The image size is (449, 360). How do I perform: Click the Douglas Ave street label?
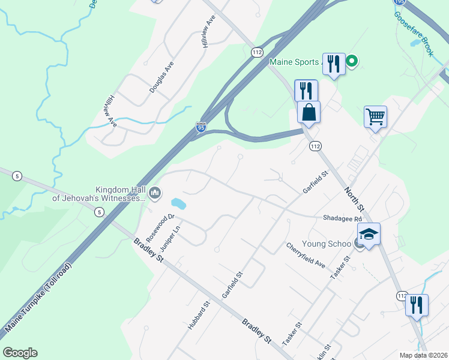point(161,77)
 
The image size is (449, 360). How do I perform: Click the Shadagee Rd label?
point(342,219)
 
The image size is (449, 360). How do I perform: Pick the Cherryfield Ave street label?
point(306,255)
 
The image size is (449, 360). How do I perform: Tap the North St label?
point(354,199)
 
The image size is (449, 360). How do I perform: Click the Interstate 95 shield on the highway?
point(201,127)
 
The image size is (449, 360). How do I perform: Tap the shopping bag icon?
point(309,112)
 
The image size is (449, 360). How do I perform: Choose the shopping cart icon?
point(375,117)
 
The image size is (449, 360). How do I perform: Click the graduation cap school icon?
point(369,233)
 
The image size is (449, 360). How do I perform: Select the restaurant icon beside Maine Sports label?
point(334,64)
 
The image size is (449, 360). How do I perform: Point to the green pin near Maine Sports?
point(352,61)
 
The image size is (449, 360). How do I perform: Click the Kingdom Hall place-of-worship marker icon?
point(155,192)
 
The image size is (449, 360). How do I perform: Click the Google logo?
point(20,353)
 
